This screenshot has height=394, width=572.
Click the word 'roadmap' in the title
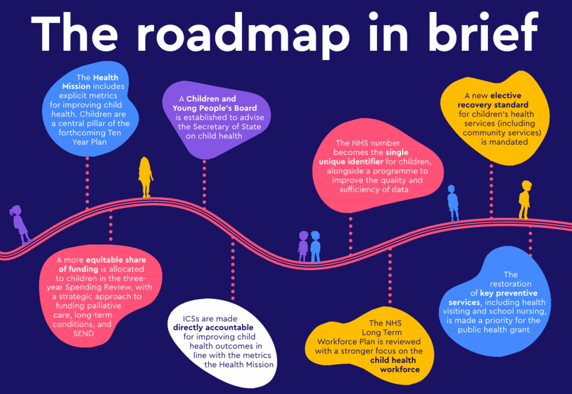[x=243, y=34]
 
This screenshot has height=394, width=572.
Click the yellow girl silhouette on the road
[x=145, y=177]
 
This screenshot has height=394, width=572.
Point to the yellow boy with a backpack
[x=525, y=200]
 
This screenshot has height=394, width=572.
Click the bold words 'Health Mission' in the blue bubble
[x=90, y=82]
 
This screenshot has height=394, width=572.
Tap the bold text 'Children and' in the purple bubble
[x=211, y=99]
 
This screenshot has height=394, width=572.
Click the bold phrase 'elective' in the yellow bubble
[x=506, y=95]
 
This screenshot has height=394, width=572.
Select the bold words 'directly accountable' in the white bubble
[x=213, y=328]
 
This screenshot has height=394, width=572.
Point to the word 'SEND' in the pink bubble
[x=84, y=333]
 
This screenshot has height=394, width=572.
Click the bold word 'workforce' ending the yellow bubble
[x=400, y=369]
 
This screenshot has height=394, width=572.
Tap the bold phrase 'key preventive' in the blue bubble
[x=509, y=293]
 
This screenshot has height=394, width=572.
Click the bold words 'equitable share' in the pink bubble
[x=116, y=260]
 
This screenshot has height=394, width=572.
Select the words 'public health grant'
[x=494, y=330]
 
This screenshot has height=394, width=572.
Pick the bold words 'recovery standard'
[x=493, y=105]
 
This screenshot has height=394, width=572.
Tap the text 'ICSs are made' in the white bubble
[x=210, y=319]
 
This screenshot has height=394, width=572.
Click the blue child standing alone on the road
[x=452, y=203]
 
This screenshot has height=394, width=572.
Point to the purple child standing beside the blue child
[x=303, y=246]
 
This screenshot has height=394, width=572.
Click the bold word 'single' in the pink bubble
[x=397, y=153]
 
